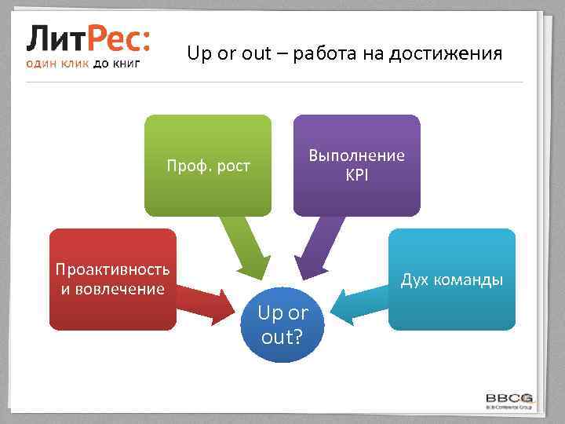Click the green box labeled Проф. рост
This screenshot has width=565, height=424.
(208, 165)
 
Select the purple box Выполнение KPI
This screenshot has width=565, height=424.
(356, 165)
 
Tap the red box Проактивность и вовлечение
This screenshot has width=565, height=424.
(112, 279)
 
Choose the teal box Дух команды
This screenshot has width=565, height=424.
(452, 280)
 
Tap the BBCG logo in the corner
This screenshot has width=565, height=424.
(510, 399)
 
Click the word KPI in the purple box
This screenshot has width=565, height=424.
(357, 174)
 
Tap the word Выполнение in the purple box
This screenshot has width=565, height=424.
(357, 155)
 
